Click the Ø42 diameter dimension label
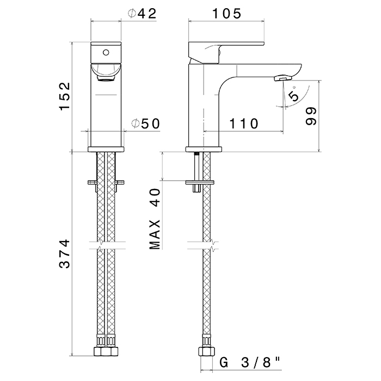tap(143, 14)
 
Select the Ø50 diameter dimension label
tap(145, 124)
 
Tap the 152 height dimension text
tap(65, 96)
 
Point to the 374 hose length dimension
tap(65, 254)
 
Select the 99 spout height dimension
tap(311, 116)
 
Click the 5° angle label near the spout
tap(293, 95)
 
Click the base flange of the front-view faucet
tap(106, 149)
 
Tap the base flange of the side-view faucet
tap(204, 149)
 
